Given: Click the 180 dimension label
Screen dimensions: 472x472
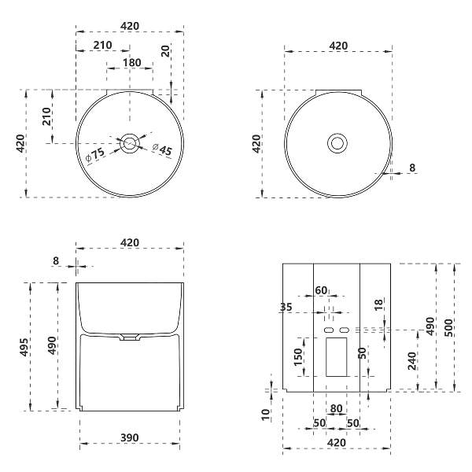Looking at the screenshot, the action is [132, 63].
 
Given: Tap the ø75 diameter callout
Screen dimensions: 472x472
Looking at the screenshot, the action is [95, 155].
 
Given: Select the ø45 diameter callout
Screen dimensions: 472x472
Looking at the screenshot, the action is [162, 149].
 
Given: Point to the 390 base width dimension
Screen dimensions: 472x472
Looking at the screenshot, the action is [130, 437].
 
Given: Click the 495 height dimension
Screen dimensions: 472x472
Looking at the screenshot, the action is [24, 347].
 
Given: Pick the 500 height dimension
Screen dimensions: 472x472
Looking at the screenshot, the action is [448, 327].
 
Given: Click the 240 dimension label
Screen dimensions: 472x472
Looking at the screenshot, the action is [411, 360].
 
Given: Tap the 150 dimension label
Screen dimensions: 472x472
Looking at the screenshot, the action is [297, 356].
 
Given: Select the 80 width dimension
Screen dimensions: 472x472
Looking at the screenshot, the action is [336, 408].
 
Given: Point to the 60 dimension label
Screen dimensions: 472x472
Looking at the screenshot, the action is [321, 290].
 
